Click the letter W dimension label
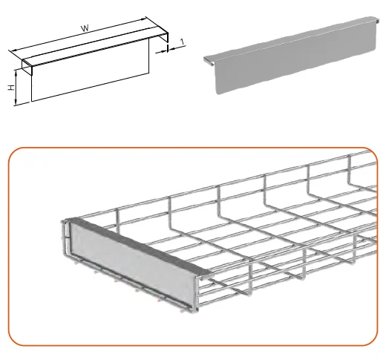click(x=85, y=28)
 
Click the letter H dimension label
click(x=11, y=88)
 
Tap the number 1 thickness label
click(x=183, y=42)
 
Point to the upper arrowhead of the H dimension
click(x=16, y=72)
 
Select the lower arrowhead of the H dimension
click(x=16, y=102)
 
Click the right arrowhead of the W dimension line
click(x=143, y=19)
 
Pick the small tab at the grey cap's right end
click(x=377, y=20)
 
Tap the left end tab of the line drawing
click(x=27, y=68)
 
